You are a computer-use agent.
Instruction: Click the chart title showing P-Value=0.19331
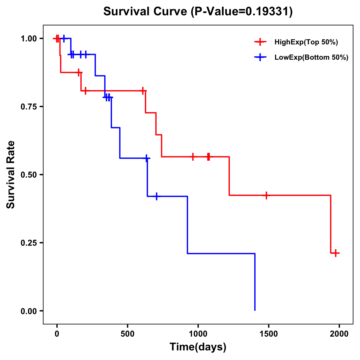(x=198, y=12)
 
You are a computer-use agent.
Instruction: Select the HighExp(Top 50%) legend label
(x=306, y=42)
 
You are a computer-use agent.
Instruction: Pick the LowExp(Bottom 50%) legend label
(x=311, y=58)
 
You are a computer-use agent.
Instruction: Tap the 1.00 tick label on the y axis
(x=28, y=39)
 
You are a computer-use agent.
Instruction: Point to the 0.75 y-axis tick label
(x=28, y=107)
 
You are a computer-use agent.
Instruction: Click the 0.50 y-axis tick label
(x=28, y=175)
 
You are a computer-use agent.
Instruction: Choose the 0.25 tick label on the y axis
(x=28, y=243)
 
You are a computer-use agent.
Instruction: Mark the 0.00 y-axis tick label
(x=28, y=311)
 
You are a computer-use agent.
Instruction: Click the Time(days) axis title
(x=198, y=347)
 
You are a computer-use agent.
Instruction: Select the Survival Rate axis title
(x=11, y=175)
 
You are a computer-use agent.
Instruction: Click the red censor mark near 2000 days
(x=336, y=253)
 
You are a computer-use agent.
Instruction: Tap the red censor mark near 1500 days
(x=266, y=195)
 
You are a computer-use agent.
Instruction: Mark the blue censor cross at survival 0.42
(x=156, y=196)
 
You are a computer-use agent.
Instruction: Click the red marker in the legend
(x=260, y=42)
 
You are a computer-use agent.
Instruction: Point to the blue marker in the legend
(x=260, y=58)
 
